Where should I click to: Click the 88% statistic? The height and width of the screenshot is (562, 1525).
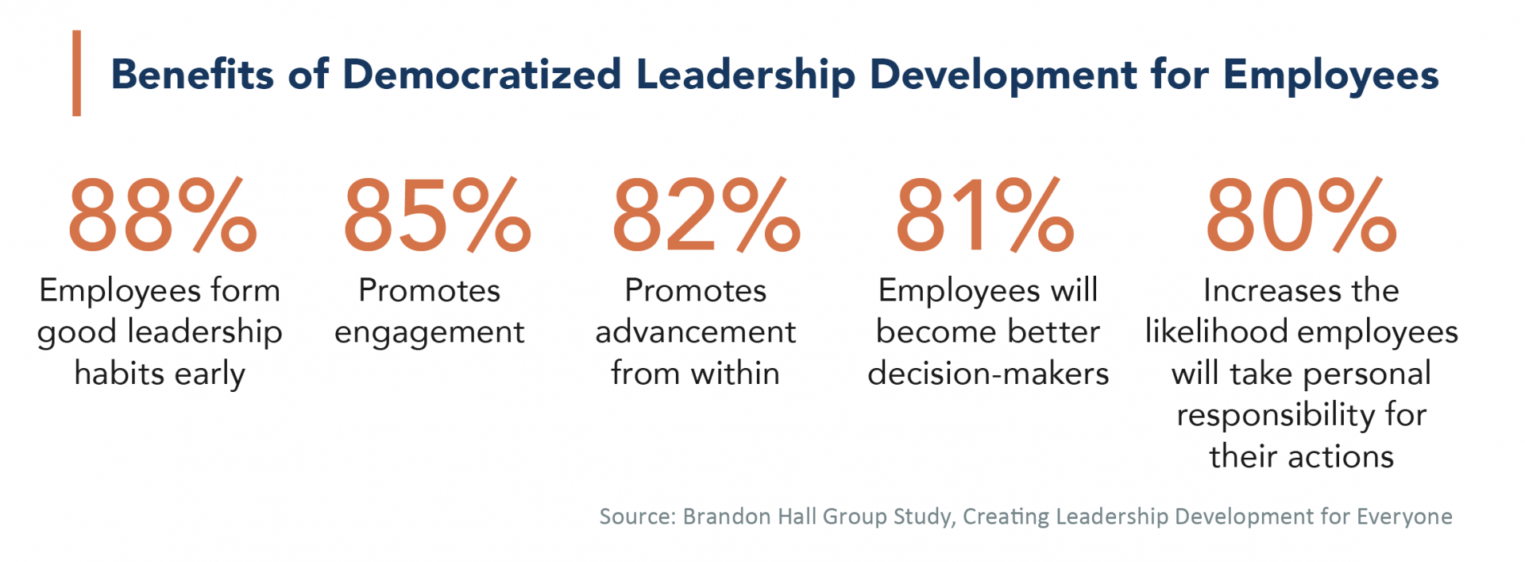(162, 215)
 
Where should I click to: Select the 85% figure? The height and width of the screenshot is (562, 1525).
(436, 215)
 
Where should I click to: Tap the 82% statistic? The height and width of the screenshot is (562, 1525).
(705, 215)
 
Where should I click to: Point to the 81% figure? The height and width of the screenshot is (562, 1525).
(984, 215)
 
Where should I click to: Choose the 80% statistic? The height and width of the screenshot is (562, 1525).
(1300, 215)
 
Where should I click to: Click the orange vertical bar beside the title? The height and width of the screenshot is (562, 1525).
(76, 73)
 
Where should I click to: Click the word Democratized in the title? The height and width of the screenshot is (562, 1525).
(481, 75)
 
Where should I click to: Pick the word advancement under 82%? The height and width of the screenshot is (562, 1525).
(695, 332)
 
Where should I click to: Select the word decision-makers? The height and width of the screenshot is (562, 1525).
(988, 374)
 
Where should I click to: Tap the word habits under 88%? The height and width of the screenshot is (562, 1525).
(119, 374)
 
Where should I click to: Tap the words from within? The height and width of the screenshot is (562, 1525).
(695, 374)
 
